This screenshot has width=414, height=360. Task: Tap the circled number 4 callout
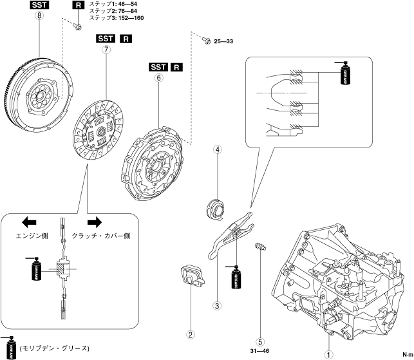(218, 150)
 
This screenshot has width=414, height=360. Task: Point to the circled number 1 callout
(328, 353)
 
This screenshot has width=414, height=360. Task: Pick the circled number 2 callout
(191, 334)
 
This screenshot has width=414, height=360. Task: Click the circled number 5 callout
(261, 343)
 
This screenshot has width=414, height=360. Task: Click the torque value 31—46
(261, 352)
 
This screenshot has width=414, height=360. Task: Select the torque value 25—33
(225, 41)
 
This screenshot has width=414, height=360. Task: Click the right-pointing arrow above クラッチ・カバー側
(95, 222)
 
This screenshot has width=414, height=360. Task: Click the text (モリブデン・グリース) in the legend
(54, 348)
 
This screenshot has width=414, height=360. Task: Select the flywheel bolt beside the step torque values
(77, 26)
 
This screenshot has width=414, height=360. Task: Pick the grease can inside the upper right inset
(346, 75)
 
